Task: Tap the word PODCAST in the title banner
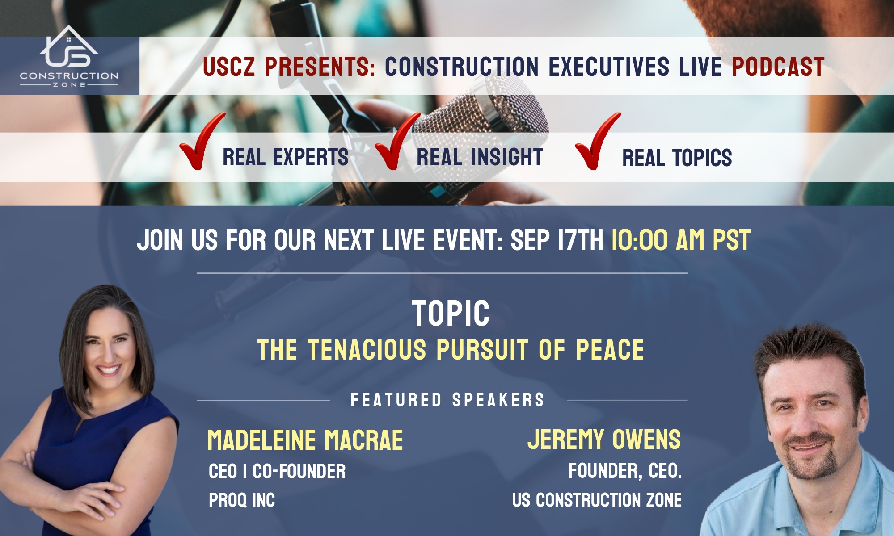pos(778,67)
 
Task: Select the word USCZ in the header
pos(229,67)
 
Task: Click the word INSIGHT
pos(507,157)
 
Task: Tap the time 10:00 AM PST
pos(680,240)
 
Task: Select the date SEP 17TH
pos(557,240)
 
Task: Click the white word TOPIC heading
pos(451,314)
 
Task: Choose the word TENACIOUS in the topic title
pos(367,349)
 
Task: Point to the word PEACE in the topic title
pos(610,349)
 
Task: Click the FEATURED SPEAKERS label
pos(447,400)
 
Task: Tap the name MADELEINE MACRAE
pos(305,440)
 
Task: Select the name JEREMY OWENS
pos(604,440)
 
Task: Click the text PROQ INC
pos(242,500)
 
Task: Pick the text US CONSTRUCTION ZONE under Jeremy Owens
pos(597,500)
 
